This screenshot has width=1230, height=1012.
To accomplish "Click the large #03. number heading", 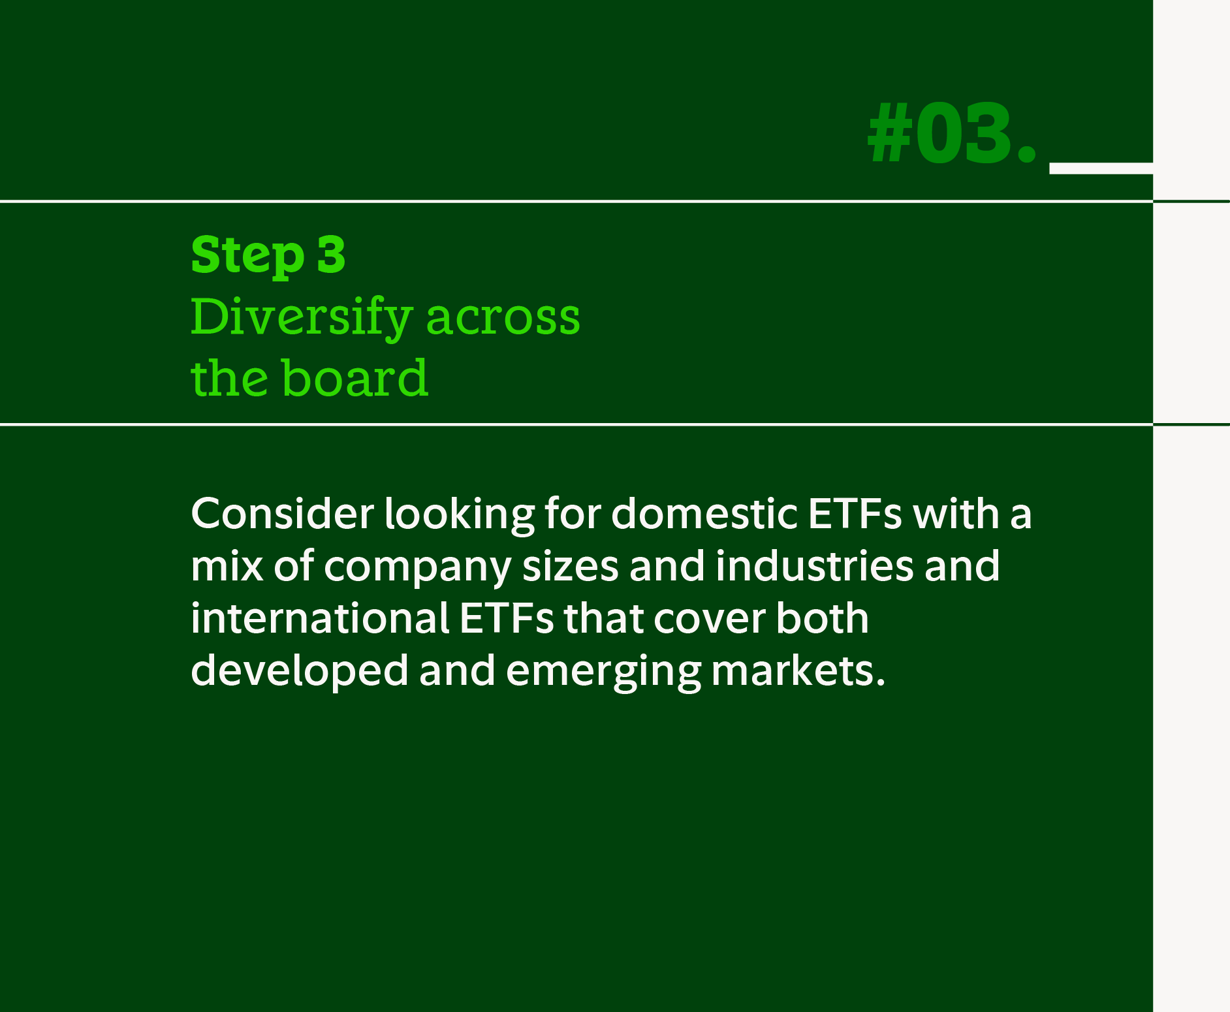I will tap(952, 134).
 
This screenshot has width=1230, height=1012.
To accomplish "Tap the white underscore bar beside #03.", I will tap(1101, 168).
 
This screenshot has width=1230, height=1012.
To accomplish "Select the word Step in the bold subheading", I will tap(247, 255).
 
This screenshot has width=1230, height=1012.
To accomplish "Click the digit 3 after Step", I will tap(331, 254).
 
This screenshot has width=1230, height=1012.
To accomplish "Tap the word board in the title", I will tap(355, 378).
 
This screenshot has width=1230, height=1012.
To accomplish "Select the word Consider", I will tap(282, 513).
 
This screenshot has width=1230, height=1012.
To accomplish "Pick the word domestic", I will tap(704, 513).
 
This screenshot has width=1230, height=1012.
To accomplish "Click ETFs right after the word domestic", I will tap(855, 513).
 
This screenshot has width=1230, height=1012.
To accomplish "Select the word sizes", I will tap(570, 565).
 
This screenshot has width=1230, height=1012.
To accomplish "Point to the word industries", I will tap(814, 565).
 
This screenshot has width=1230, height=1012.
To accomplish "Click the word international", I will tap(319, 618).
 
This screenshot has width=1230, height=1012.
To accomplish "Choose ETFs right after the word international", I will tap(506, 618).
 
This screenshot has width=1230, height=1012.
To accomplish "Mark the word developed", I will tap(299, 671).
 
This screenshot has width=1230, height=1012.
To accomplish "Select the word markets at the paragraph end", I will tap(797, 671).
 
